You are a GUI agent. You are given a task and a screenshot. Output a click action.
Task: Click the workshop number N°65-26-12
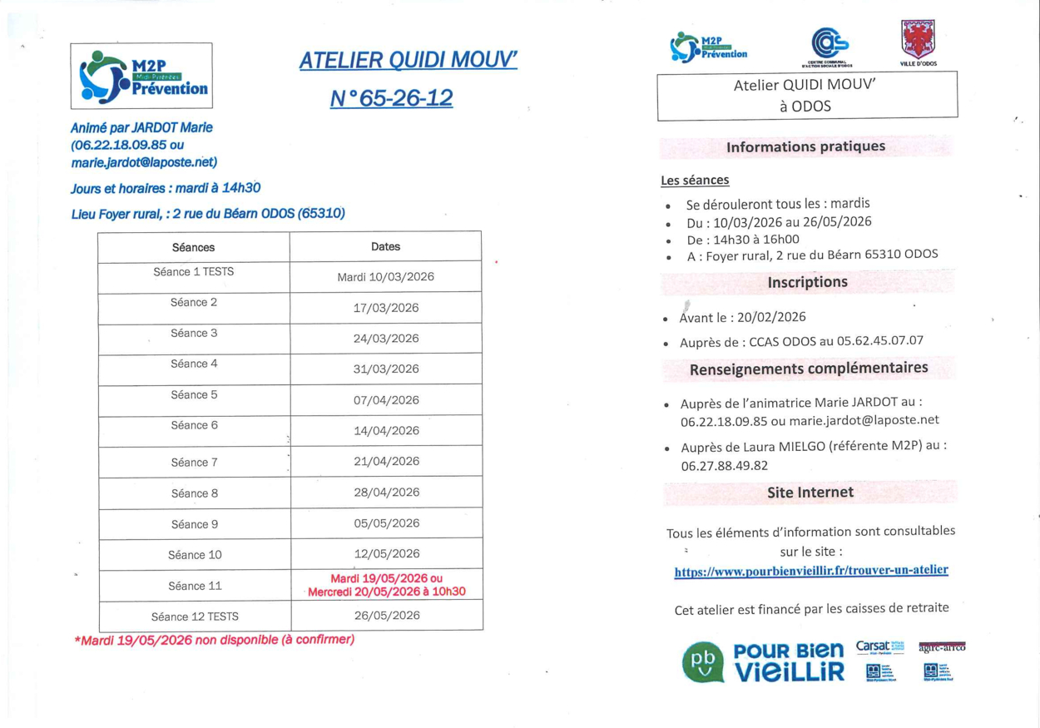(391, 98)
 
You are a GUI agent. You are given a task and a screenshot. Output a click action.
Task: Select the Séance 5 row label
(194, 394)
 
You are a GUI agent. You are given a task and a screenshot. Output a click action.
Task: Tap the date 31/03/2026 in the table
(386, 369)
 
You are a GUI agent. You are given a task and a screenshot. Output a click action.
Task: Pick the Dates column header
(385, 246)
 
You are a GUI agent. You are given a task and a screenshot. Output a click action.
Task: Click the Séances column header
(193, 247)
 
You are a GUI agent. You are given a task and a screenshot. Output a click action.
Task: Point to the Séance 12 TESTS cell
(195, 617)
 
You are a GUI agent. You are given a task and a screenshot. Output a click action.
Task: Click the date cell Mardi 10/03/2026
(385, 277)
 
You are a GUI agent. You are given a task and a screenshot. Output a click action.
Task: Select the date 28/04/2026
(386, 492)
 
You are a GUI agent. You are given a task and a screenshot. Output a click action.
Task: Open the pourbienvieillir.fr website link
(810, 571)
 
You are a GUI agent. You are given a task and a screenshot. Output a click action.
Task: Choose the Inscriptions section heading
(807, 282)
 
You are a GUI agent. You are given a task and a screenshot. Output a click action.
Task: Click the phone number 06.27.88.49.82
(724, 466)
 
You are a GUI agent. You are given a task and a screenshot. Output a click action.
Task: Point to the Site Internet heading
(810, 493)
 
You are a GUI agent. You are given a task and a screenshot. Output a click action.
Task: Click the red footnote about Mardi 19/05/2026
(215, 640)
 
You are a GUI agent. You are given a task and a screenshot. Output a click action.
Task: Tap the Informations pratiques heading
(805, 147)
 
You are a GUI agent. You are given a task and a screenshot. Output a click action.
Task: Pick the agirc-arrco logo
(942, 646)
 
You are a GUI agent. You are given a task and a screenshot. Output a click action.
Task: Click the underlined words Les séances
(695, 180)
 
